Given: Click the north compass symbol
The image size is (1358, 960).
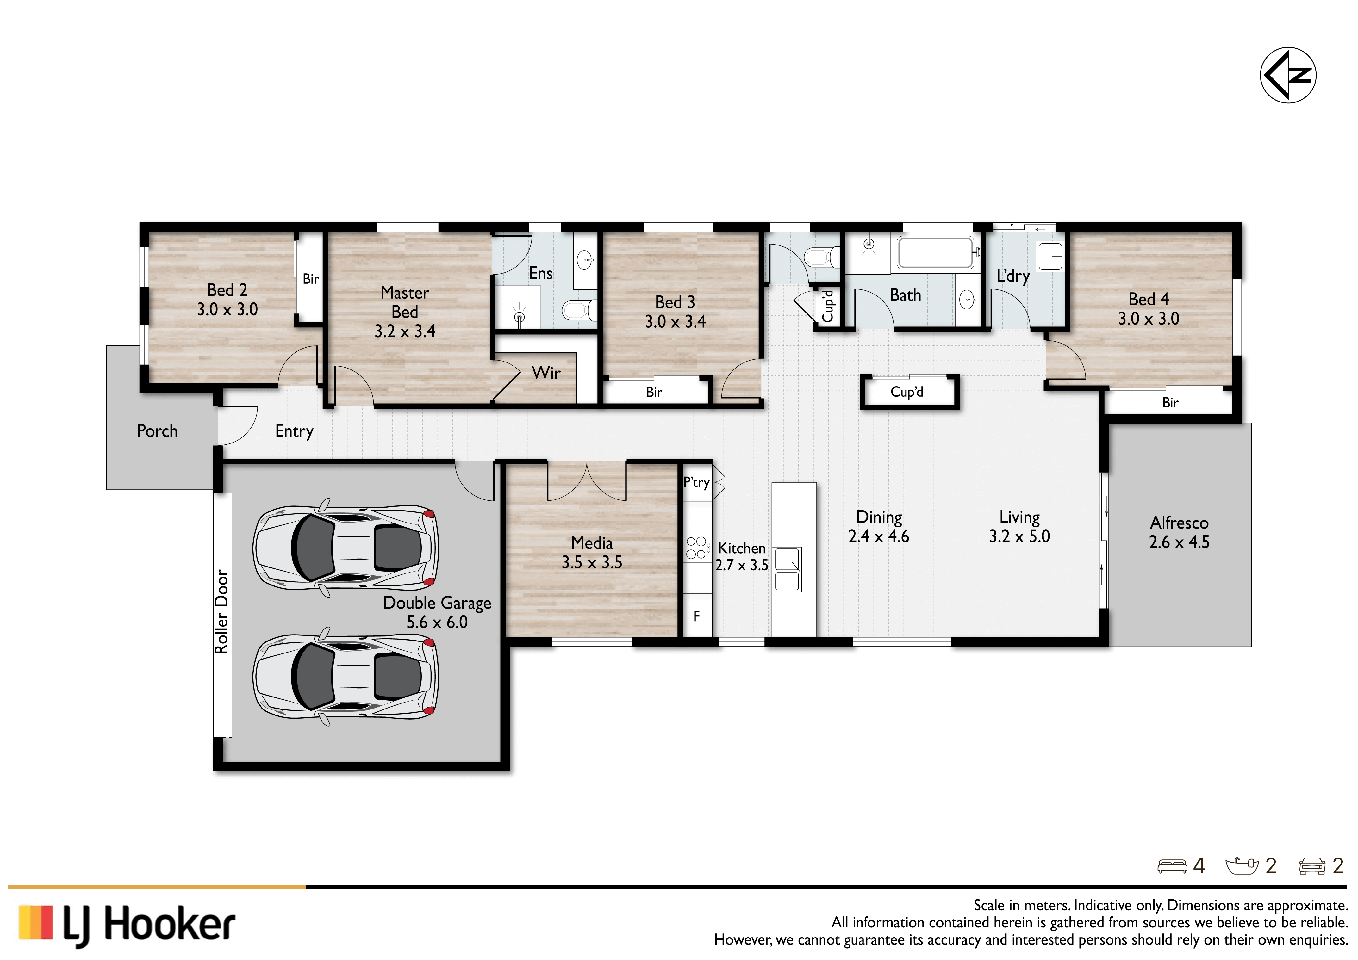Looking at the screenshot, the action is pyautogui.click(x=1288, y=75).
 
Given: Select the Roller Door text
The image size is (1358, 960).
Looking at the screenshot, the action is pyautogui.click(x=221, y=611).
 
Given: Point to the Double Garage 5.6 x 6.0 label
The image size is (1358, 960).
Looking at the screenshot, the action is pyautogui.click(x=437, y=612).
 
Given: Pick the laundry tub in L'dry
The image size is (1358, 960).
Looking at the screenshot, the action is pyautogui.click(x=1050, y=257).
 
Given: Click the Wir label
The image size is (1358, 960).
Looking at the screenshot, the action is pyautogui.click(x=546, y=373).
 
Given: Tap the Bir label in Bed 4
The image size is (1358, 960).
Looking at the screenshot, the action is pyautogui.click(x=1170, y=403).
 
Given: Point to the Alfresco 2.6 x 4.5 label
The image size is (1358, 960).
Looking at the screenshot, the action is pyautogui.click(x=1179, y=532).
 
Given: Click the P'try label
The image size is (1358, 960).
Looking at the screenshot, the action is pyautogui.click(x=696, y=482).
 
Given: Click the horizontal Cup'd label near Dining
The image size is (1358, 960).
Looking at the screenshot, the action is pyautogui.click(x=907, y=392).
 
